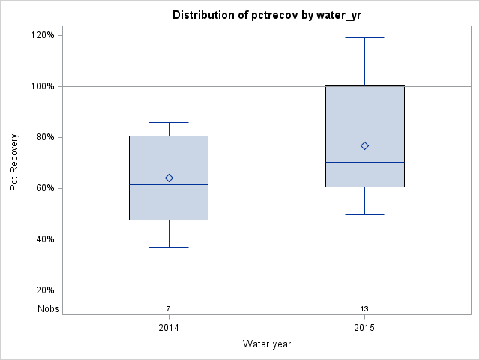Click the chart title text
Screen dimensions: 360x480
tap(266, 15)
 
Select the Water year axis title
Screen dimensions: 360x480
tap(267, 343)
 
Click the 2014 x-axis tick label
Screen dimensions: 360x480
tap(169, 328)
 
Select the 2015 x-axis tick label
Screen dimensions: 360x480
tap(365, 328)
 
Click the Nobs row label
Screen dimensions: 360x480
tap(49, 308)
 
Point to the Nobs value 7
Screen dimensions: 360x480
tap(169, 308)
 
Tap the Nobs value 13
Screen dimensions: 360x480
tap(365, 308)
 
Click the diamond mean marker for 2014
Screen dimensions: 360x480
tap(169, 178)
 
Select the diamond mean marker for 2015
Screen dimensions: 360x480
tap(365, 145)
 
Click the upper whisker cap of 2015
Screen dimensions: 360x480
tap(365, 37)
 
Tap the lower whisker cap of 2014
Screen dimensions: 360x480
tap(169, 247)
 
